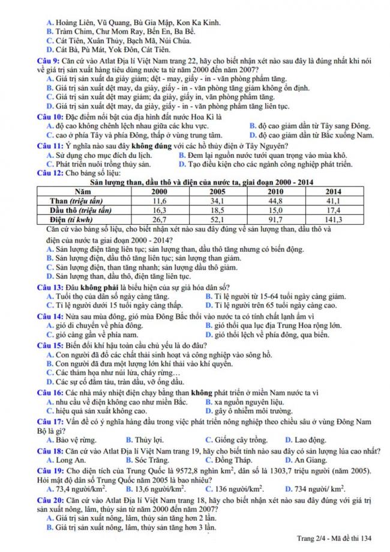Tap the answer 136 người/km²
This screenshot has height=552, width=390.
click(x=235, y=489)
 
